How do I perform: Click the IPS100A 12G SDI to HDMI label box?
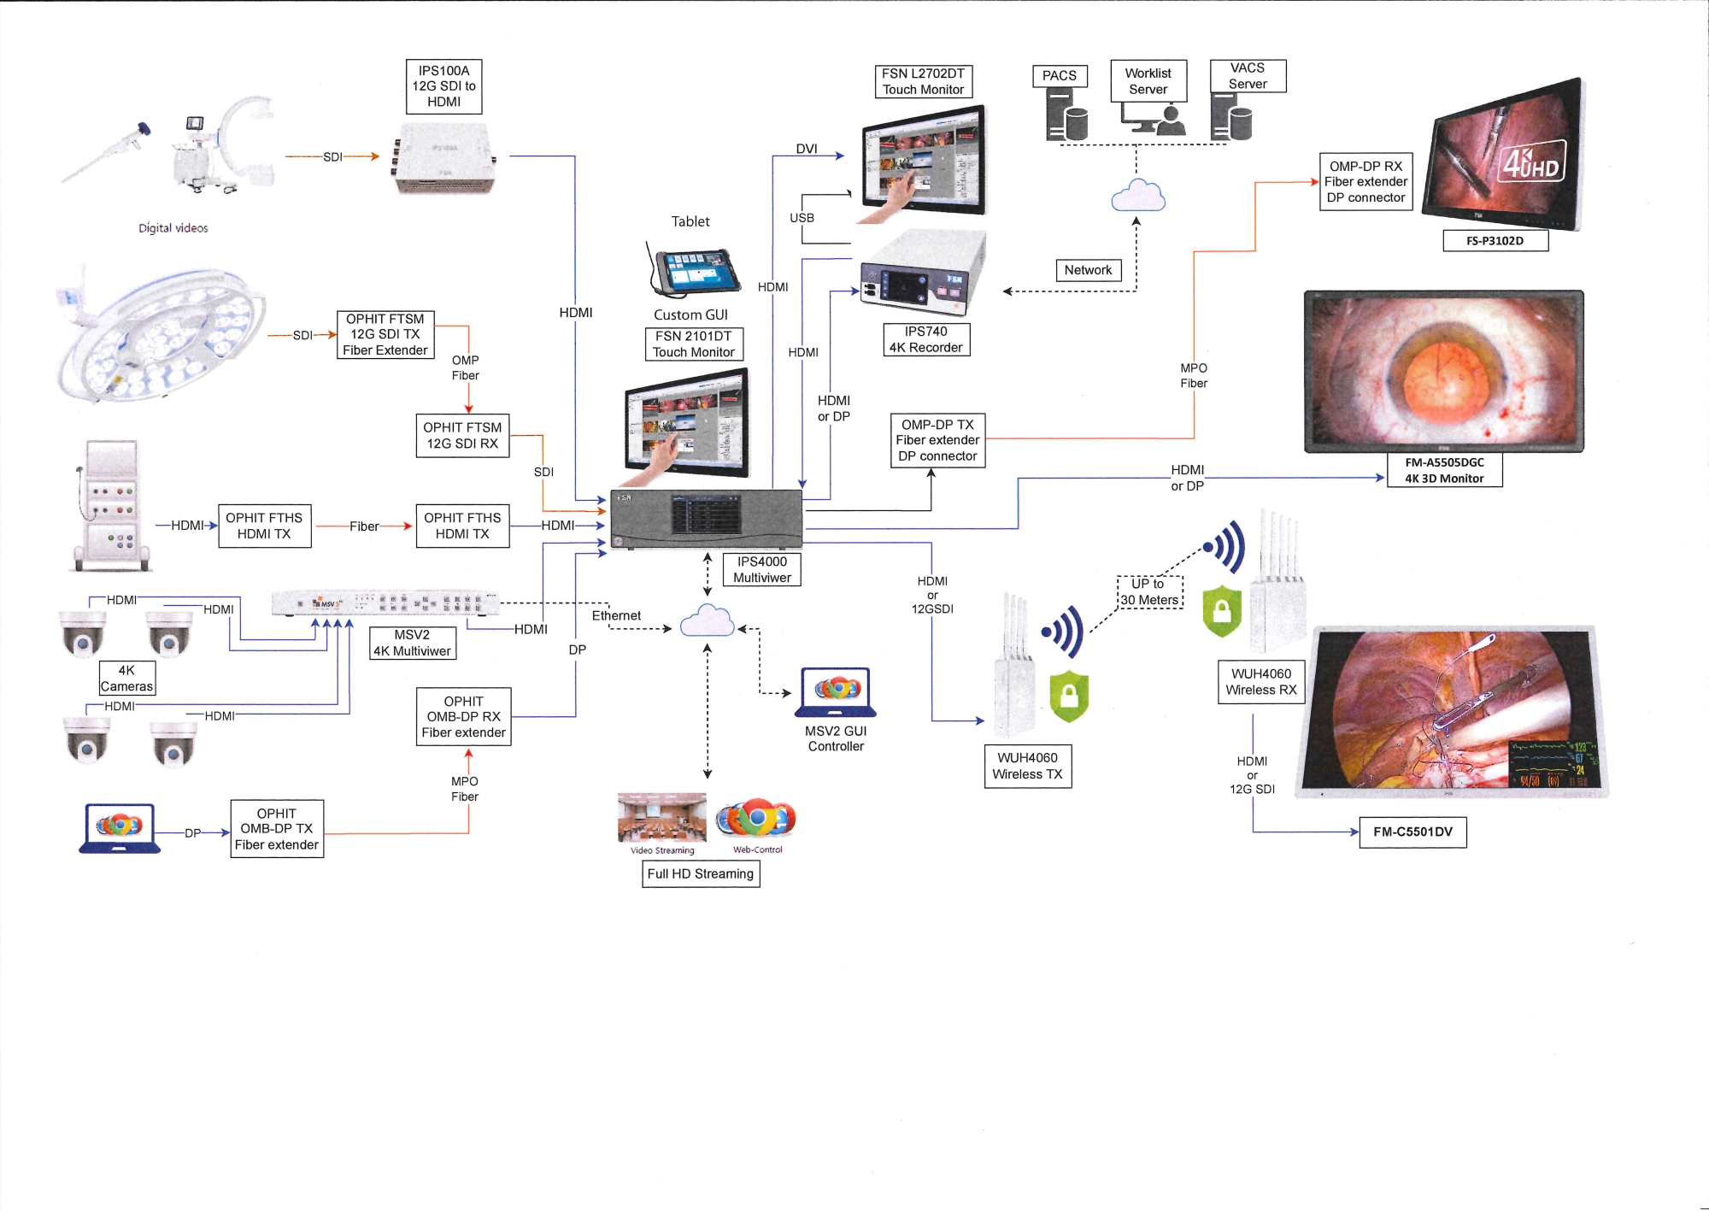pos(443,86)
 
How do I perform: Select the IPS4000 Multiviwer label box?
pos(761,569)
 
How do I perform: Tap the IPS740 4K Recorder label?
pos(925,339)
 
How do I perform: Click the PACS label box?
pos(1059,76)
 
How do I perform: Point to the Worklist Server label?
pos(1148,81)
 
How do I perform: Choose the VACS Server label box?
pos(1248,76)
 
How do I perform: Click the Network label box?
pos(1088,270)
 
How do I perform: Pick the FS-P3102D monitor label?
pos(1495,241)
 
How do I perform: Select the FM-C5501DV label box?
pos(1412,832)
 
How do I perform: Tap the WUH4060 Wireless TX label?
pos(1027,766)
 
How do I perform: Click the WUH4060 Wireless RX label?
pos(1260,682)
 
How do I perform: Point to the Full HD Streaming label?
pos(700,873)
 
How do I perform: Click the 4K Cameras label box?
pos(126,679)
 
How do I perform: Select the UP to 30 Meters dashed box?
pos(1149,591)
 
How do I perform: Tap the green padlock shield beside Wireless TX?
pos(1068,695)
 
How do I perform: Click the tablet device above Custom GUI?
pos(693,272)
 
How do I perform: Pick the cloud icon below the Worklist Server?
pos(1137,196)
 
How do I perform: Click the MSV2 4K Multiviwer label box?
pos(412,643)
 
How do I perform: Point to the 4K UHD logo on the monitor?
pos(1531,162)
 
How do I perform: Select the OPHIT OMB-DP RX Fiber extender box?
pos(463,716)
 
